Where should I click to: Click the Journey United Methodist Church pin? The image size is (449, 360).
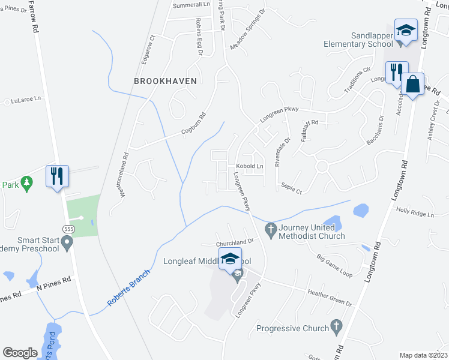(x=270, y=229)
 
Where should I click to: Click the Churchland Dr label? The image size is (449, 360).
(x=236, y=244)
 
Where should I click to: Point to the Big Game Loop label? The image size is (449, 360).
(x=334, y=265)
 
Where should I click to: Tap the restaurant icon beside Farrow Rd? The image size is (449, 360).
(x=58, y=176)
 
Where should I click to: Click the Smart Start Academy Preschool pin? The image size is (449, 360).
(x=67, y=242)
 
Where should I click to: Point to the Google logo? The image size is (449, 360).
(x=20, y=353)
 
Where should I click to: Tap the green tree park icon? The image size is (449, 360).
(x=26, y=181)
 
